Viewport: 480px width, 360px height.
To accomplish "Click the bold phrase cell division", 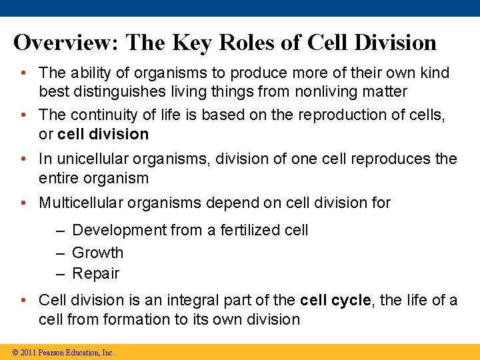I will pyautogui.click(x=103, y=134).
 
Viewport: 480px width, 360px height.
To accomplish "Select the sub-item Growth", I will pyautogui.click(x=97, y=253).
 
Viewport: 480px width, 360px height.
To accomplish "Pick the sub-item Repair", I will pyautogui.click(x=95, y=273).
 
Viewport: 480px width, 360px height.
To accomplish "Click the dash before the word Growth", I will pyautogui.click(x=61, y=253).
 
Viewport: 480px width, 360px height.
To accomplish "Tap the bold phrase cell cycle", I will pyautogui.click(x=335, y=301).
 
